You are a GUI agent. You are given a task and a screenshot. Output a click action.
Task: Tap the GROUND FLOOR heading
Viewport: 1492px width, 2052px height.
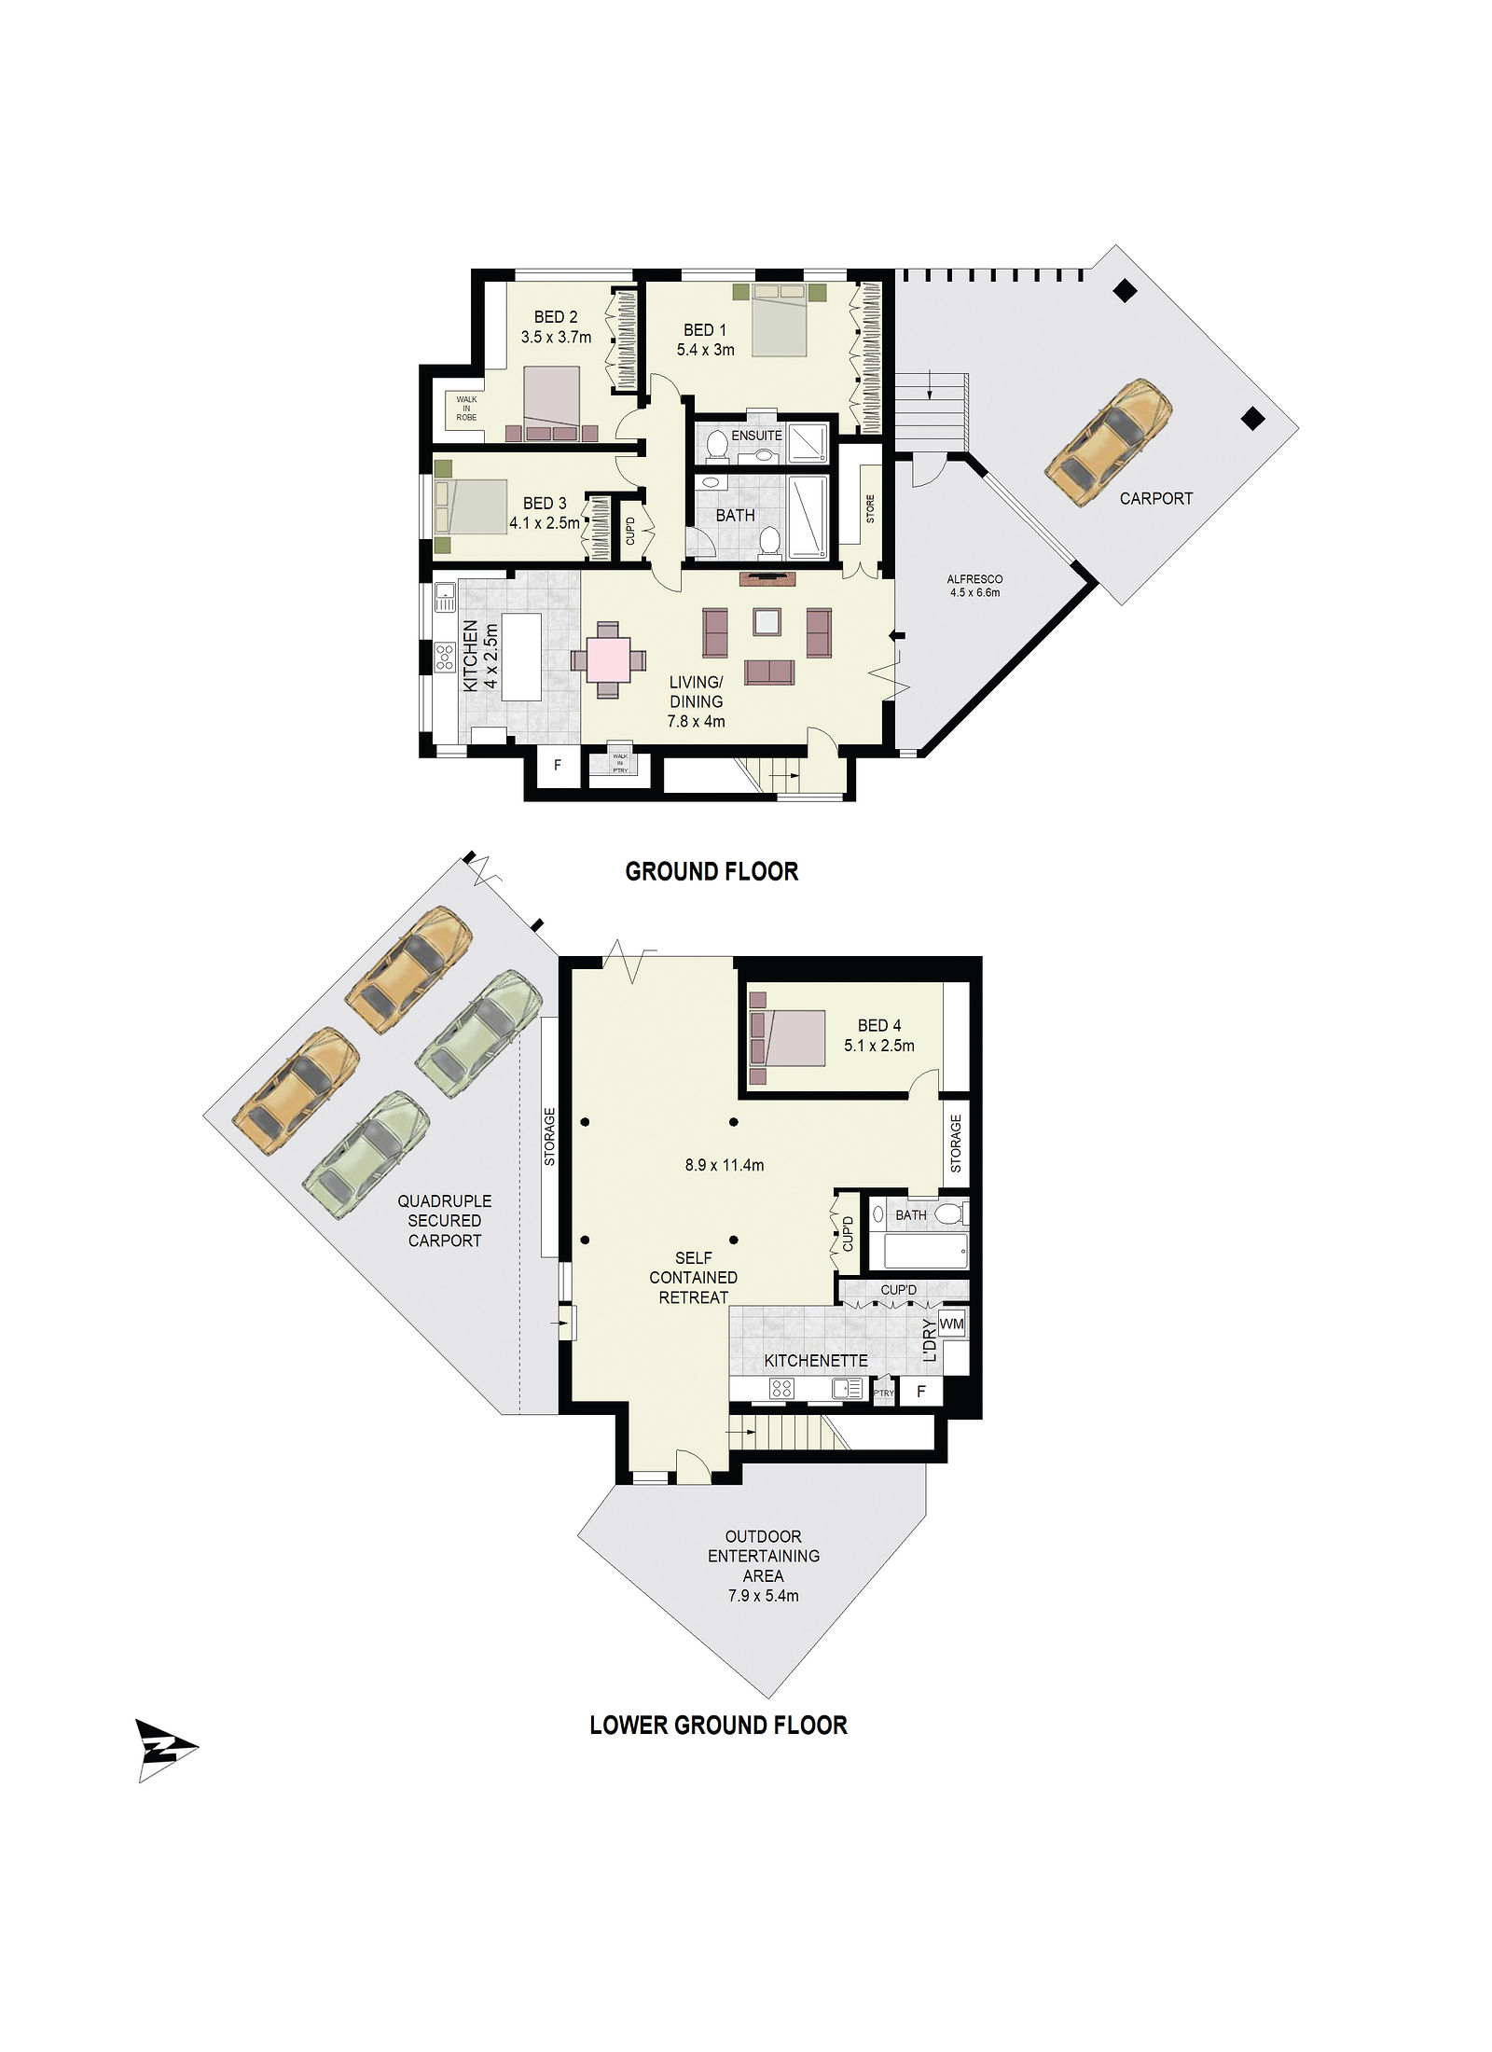[711, 871]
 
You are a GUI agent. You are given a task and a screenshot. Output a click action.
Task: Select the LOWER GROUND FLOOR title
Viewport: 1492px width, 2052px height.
[718, 1726]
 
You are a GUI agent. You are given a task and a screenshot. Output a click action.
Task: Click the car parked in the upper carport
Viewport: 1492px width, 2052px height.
[1109, 442]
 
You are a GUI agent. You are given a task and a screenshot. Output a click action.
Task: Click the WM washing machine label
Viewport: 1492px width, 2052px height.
[951, 1324]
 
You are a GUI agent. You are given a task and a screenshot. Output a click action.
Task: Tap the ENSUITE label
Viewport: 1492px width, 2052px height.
[756, 436]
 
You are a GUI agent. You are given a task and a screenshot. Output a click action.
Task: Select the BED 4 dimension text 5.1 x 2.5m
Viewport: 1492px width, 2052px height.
[879, 1046]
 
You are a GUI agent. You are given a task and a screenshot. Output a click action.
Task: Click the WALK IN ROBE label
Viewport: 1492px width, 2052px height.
[466, 408]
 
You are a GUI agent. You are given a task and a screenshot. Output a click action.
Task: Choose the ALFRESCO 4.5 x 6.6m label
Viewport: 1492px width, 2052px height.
[974, 586]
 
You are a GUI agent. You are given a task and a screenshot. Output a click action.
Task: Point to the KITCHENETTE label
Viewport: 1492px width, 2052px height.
[816, 1361]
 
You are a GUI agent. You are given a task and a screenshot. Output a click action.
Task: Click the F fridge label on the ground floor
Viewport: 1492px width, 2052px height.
[558, 766]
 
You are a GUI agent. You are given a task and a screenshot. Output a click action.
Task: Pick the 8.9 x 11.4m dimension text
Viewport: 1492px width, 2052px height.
[725, 1165]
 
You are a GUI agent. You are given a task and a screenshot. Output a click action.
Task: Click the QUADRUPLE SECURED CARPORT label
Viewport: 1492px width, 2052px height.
[445, 1221]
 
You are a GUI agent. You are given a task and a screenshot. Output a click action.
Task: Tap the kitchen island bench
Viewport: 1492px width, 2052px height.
[521, 657]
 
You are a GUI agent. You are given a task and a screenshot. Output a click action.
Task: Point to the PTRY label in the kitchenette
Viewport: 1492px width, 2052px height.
[883, 1393]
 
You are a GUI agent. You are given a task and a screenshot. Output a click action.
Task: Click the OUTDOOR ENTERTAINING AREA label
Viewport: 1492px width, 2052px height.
[764, 1566]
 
